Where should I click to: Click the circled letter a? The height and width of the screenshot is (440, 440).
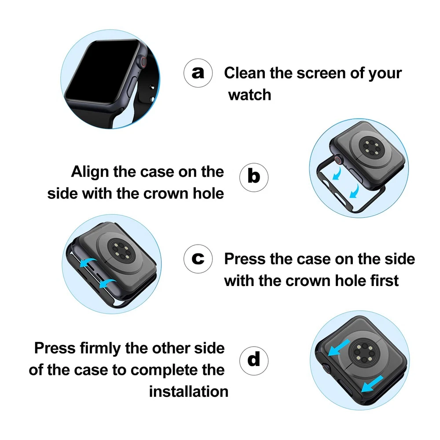(198, 73)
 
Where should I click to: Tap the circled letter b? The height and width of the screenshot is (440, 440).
(254, 177)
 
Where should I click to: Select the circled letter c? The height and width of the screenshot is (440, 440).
(198, 259)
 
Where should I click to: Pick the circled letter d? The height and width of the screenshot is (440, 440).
(254, 361)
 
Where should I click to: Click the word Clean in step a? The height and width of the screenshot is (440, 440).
(245, 73)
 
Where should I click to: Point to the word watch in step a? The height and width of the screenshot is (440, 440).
(249, 95)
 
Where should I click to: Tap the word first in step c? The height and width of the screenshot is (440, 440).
(385, 281)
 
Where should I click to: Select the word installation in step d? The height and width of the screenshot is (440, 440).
(189, 392)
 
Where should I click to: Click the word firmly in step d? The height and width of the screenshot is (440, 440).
(100, 348)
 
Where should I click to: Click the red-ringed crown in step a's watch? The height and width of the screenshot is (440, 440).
(143, 62)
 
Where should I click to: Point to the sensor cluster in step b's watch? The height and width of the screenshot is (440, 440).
(370, 147)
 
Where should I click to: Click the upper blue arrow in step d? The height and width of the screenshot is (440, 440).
(339, 348)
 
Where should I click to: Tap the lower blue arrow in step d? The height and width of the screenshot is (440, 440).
(372, 384)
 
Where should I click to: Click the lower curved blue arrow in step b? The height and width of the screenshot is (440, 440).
(355, 191)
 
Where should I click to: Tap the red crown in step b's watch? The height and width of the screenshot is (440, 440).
(338, 160)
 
